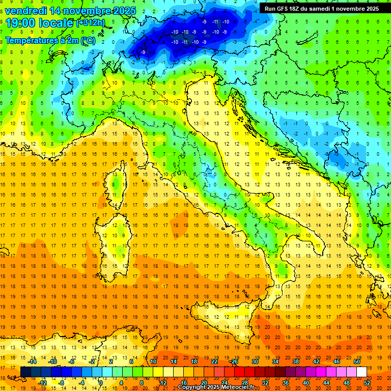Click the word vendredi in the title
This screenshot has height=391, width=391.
(x=26, y=11)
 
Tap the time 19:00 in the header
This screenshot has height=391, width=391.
(x=23, y=23)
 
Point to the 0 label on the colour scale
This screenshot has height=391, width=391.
(x=101, y=383)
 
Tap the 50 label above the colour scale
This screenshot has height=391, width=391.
(x=357, y=361)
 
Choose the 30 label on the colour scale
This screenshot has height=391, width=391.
(x=255, y=361)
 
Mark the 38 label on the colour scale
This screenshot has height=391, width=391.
(x=296, y=361)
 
